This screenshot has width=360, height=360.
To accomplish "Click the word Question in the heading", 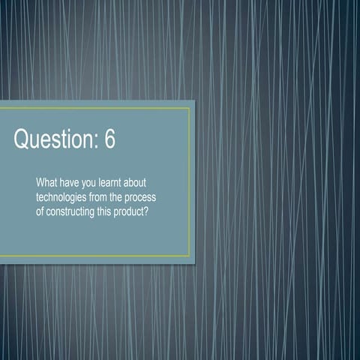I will tap(51, 139).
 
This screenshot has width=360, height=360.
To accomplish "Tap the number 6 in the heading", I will tap(109, 139).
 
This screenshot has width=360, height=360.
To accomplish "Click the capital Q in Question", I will tap(22, 139).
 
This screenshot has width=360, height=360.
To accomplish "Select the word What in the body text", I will tap(47, 183).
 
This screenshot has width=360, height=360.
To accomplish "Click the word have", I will tap(72, 183).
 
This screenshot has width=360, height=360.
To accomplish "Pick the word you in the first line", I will tap(95, 183).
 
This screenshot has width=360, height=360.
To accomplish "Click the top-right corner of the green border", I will tap(190, 109).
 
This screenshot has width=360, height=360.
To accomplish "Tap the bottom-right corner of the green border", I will tap(190, 256).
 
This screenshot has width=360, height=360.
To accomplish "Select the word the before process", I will tap(128, 196).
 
